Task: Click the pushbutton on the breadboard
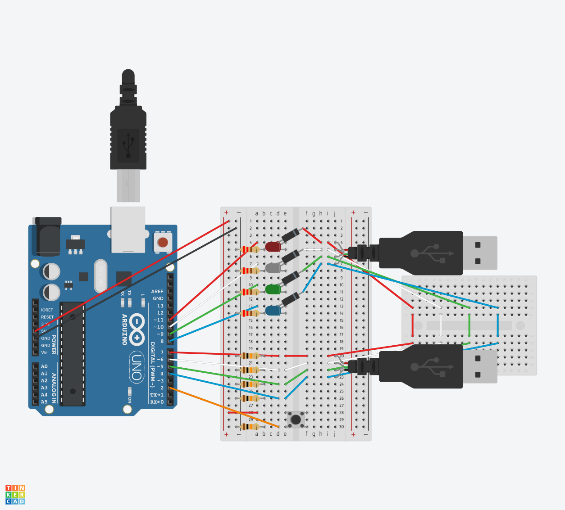point(296,420)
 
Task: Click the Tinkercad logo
point(15,494)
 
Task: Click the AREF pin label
point(157,292)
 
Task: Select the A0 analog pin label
point(44,366)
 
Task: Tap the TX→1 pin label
point(157,395)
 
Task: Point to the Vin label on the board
point(44,352)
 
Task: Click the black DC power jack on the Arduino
point(47,236)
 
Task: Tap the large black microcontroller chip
point(73,354)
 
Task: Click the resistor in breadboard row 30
point(249,427)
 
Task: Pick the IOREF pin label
point(47,310)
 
